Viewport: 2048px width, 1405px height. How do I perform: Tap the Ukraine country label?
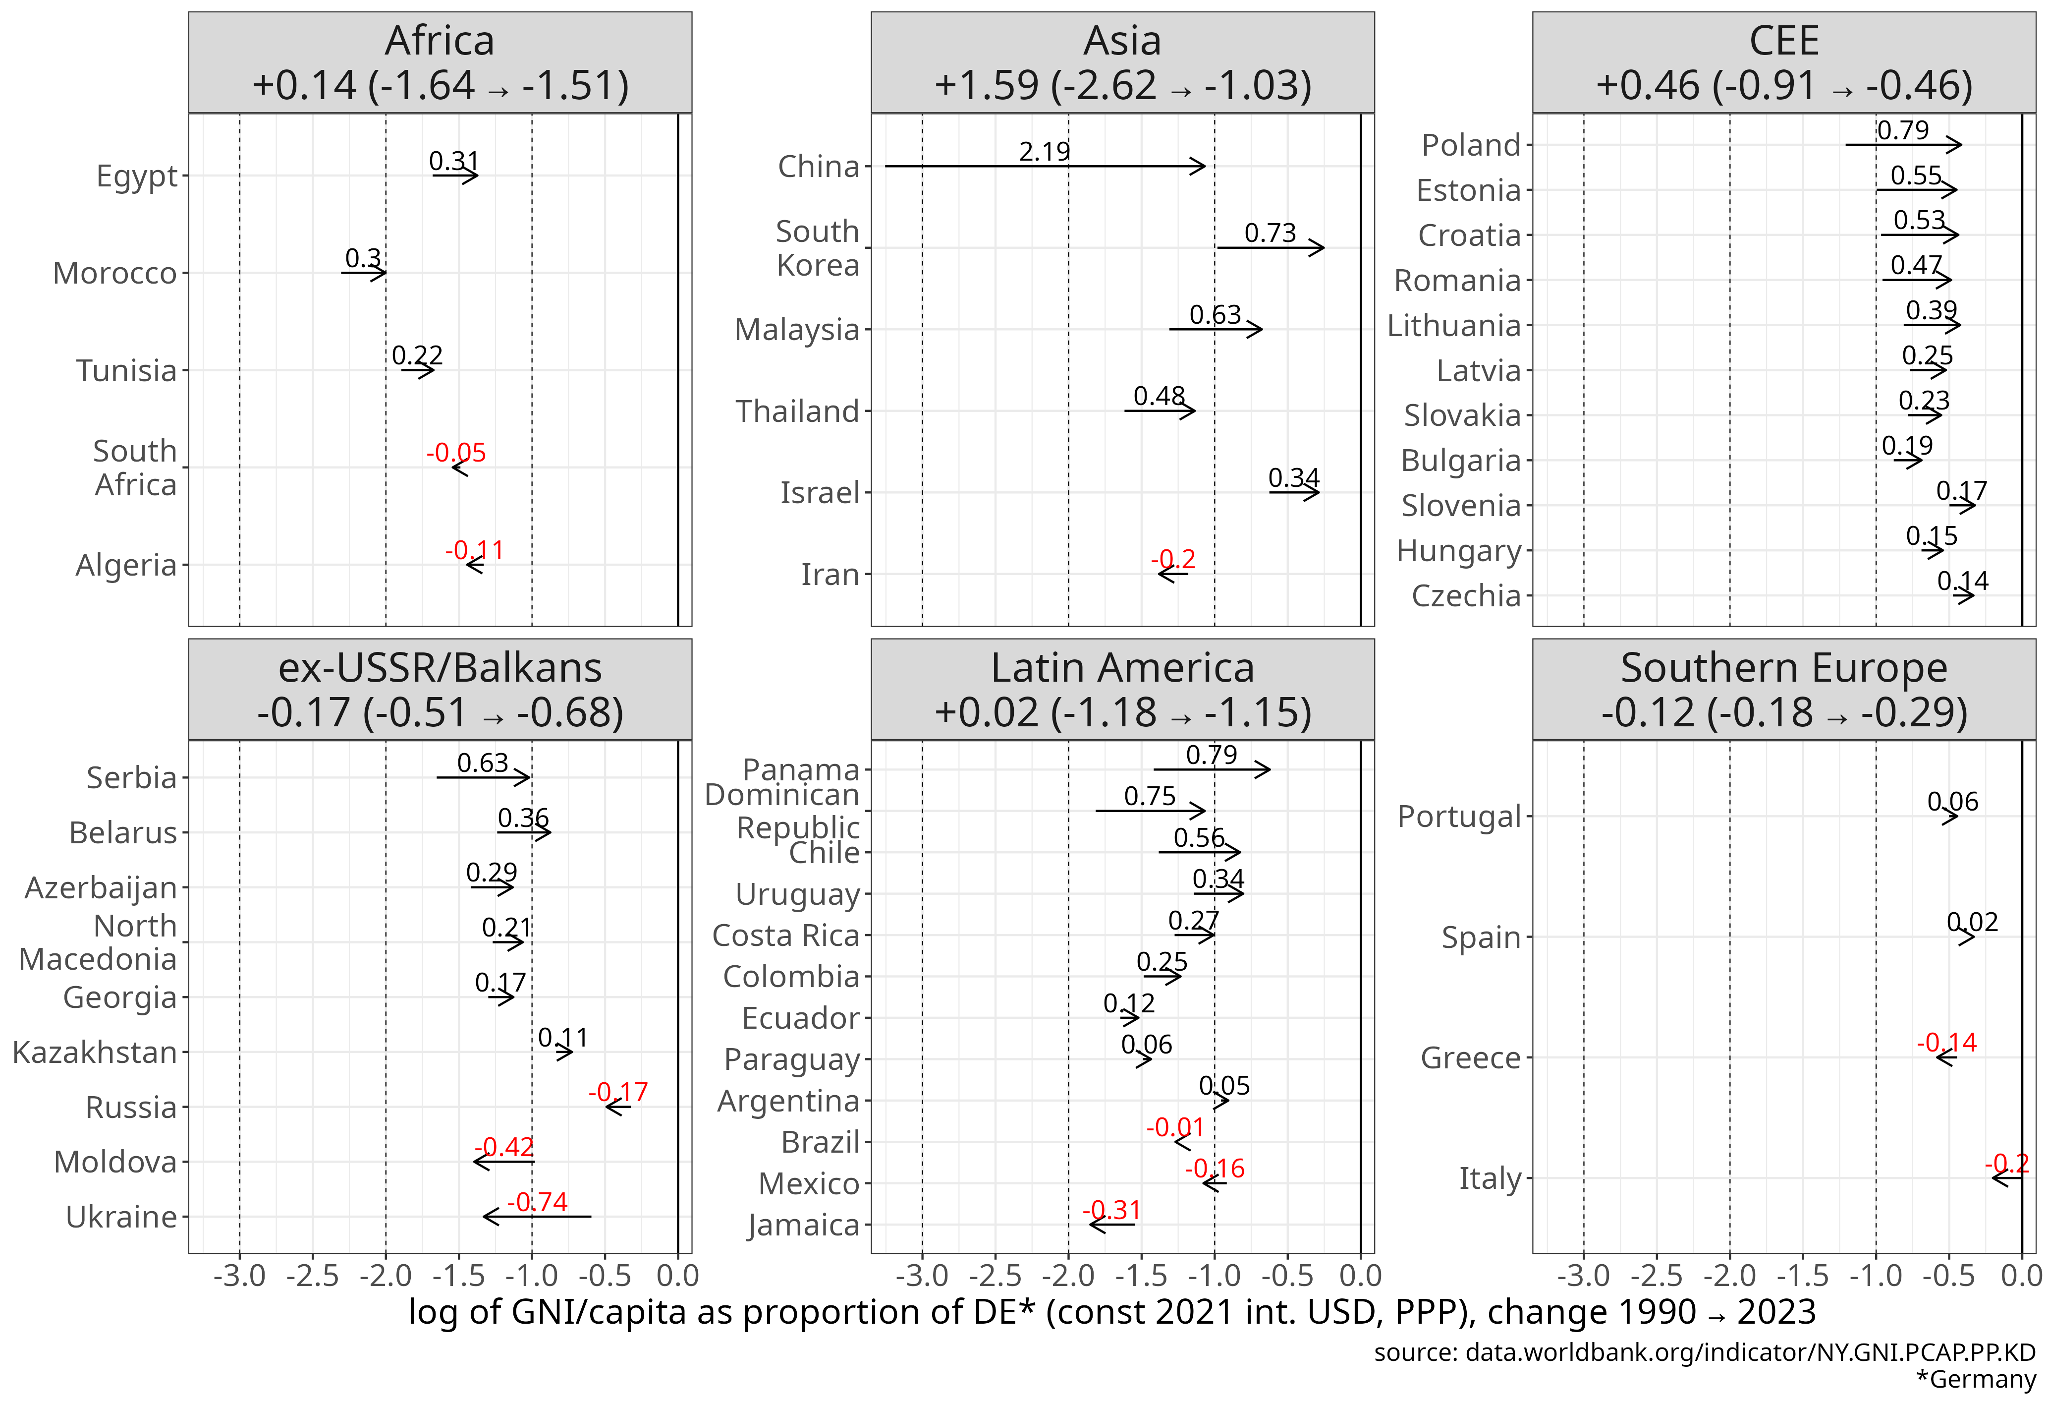pos(121,1217)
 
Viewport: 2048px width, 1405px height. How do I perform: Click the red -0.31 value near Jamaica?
pos(1111,1209)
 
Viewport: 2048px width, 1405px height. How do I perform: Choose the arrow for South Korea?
pos(1270,248)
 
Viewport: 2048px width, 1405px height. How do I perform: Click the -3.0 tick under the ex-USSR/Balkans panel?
pos(240,1276)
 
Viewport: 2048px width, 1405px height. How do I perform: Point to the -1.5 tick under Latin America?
pos(1141,1276)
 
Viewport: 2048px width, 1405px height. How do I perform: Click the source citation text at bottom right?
pos(1704,1352)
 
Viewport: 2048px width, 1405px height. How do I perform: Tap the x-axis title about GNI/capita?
pos(1111,1312)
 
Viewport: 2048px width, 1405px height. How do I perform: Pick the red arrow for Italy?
pos(2006,1177)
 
